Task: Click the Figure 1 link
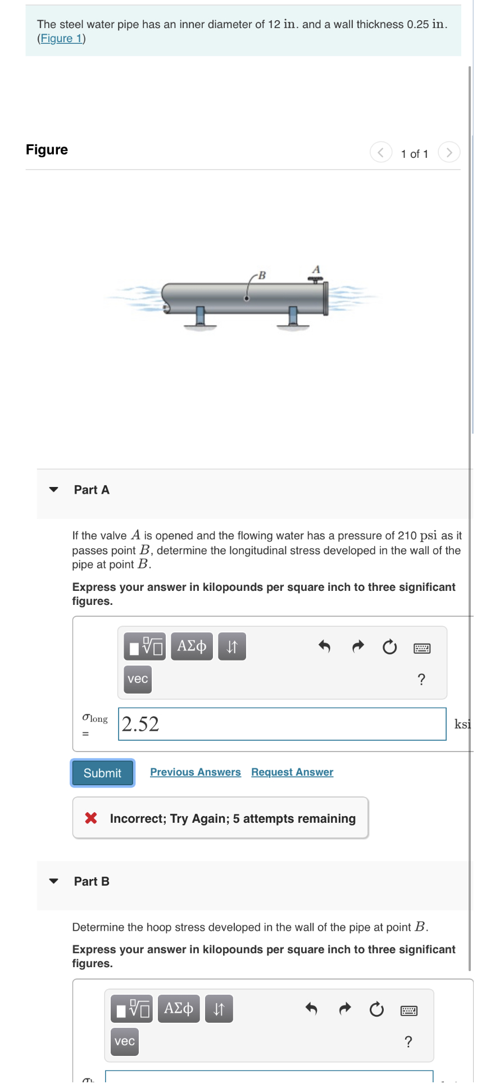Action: coord(61,38)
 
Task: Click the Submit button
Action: coord(102,773)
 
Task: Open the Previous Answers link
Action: coord(195,772)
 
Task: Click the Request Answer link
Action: coord(292,772)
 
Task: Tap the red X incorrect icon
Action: coord(91,818)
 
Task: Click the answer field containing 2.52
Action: coord(282,724)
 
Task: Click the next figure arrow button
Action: coord(448,152)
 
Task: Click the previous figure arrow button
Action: coord(381,152)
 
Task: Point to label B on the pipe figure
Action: coord(261,275)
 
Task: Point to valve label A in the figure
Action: coord(316,269)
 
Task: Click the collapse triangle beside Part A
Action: coord(54,489)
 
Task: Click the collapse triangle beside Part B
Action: coord(54,881)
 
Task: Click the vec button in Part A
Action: coord(138,678)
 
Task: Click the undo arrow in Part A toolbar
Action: coord(324,646)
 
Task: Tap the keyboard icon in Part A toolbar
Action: coord(421,648)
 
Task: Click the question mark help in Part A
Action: coord(421,680)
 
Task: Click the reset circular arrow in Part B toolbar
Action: coord(376,1009)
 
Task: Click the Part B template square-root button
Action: coord(131,1009)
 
